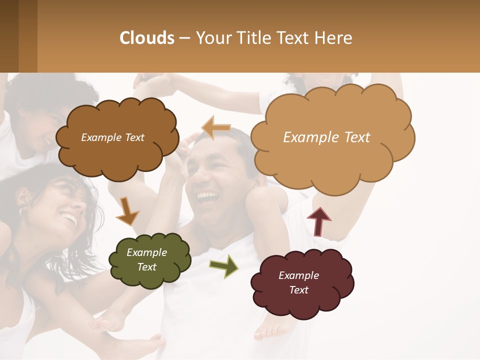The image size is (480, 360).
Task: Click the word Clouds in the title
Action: tap(147, 38)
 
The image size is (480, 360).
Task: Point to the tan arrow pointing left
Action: tap(216, 128)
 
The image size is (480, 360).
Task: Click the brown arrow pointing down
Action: tap(127, 211)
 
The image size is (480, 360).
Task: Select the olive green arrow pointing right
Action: tap(223, 265)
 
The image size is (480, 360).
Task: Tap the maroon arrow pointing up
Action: tap(318, 221)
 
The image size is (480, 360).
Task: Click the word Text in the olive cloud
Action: tap(147, 267)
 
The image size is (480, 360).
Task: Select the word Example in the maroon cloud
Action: tap(298, 275)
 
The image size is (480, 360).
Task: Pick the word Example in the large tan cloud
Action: tap(306, 137)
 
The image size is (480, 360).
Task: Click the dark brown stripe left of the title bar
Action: tap(9, 36)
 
